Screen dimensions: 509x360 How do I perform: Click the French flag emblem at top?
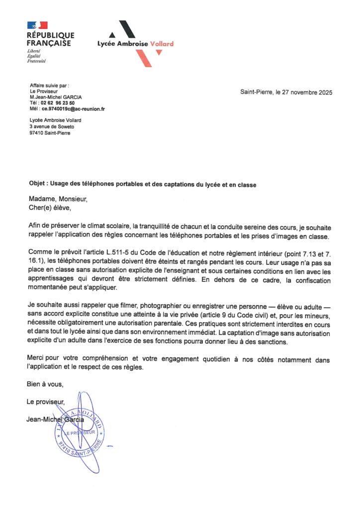(x=37, y=25)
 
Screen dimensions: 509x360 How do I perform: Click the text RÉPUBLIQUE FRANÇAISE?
(x=50, y=39)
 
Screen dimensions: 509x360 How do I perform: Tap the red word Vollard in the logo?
(x=162, y=44)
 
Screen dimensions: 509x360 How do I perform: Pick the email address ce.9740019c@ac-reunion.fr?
(x=73, y=108)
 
